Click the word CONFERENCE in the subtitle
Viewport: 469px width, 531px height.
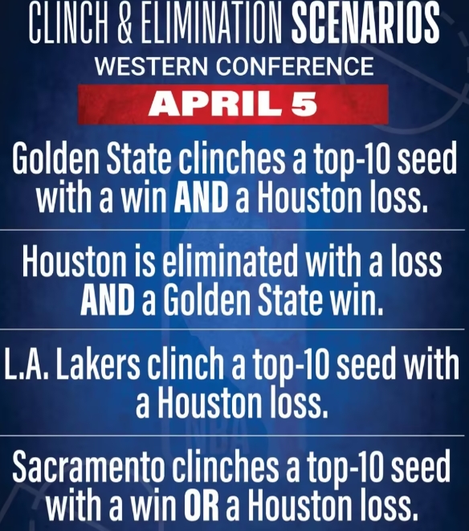[x=295, y=67]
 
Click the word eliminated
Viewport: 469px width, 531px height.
[x=232, y=263]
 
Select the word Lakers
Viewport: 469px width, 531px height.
[x=98, y=364]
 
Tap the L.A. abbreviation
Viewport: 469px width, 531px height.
[x=28, y=364]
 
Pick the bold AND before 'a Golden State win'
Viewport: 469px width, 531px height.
[x=108, y=299]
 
